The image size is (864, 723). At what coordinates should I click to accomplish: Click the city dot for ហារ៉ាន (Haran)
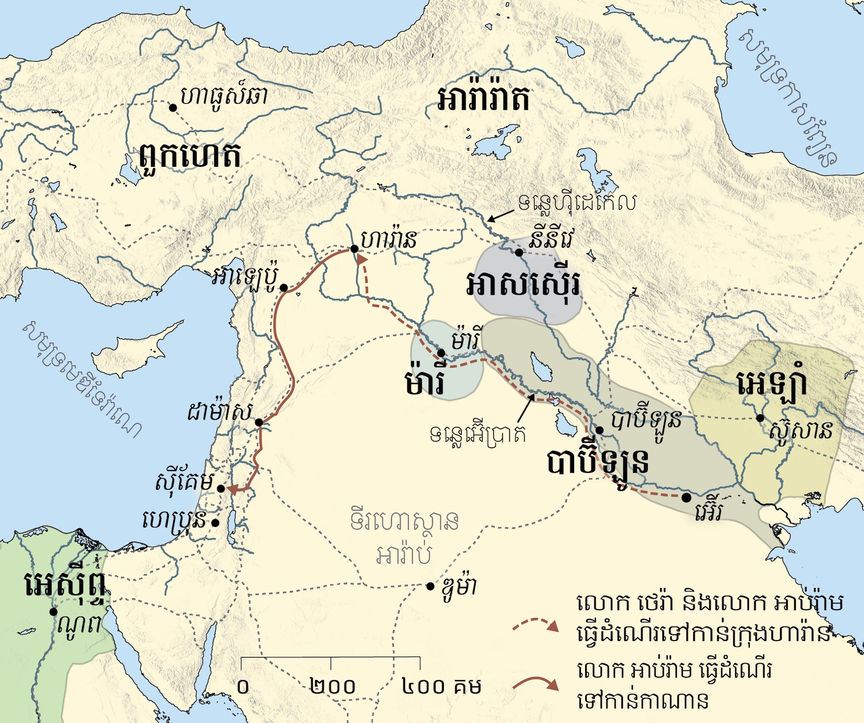point(354,249)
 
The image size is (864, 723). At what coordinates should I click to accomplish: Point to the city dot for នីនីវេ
point(519,252)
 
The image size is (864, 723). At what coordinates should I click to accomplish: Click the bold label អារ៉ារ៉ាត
point(483,98)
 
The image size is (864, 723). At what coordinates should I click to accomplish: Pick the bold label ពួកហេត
point(190,157)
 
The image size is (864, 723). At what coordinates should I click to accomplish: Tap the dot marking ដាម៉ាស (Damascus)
point(259,422)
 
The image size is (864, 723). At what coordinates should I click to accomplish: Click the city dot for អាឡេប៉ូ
point(284,288)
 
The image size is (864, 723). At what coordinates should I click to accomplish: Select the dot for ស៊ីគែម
point(221,488)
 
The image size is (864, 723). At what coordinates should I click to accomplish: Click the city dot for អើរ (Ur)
point(686,496)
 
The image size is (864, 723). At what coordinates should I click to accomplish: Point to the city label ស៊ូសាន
point(801,430)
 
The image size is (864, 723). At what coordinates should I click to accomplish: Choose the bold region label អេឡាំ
point(771,384)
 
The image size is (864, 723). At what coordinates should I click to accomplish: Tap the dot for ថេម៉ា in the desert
point(430,586)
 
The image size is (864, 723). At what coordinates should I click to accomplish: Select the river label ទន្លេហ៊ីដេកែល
point(577,203)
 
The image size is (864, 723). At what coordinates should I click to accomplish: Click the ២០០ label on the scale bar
point(333,686)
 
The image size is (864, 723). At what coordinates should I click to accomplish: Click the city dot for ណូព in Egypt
point(54,612)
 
